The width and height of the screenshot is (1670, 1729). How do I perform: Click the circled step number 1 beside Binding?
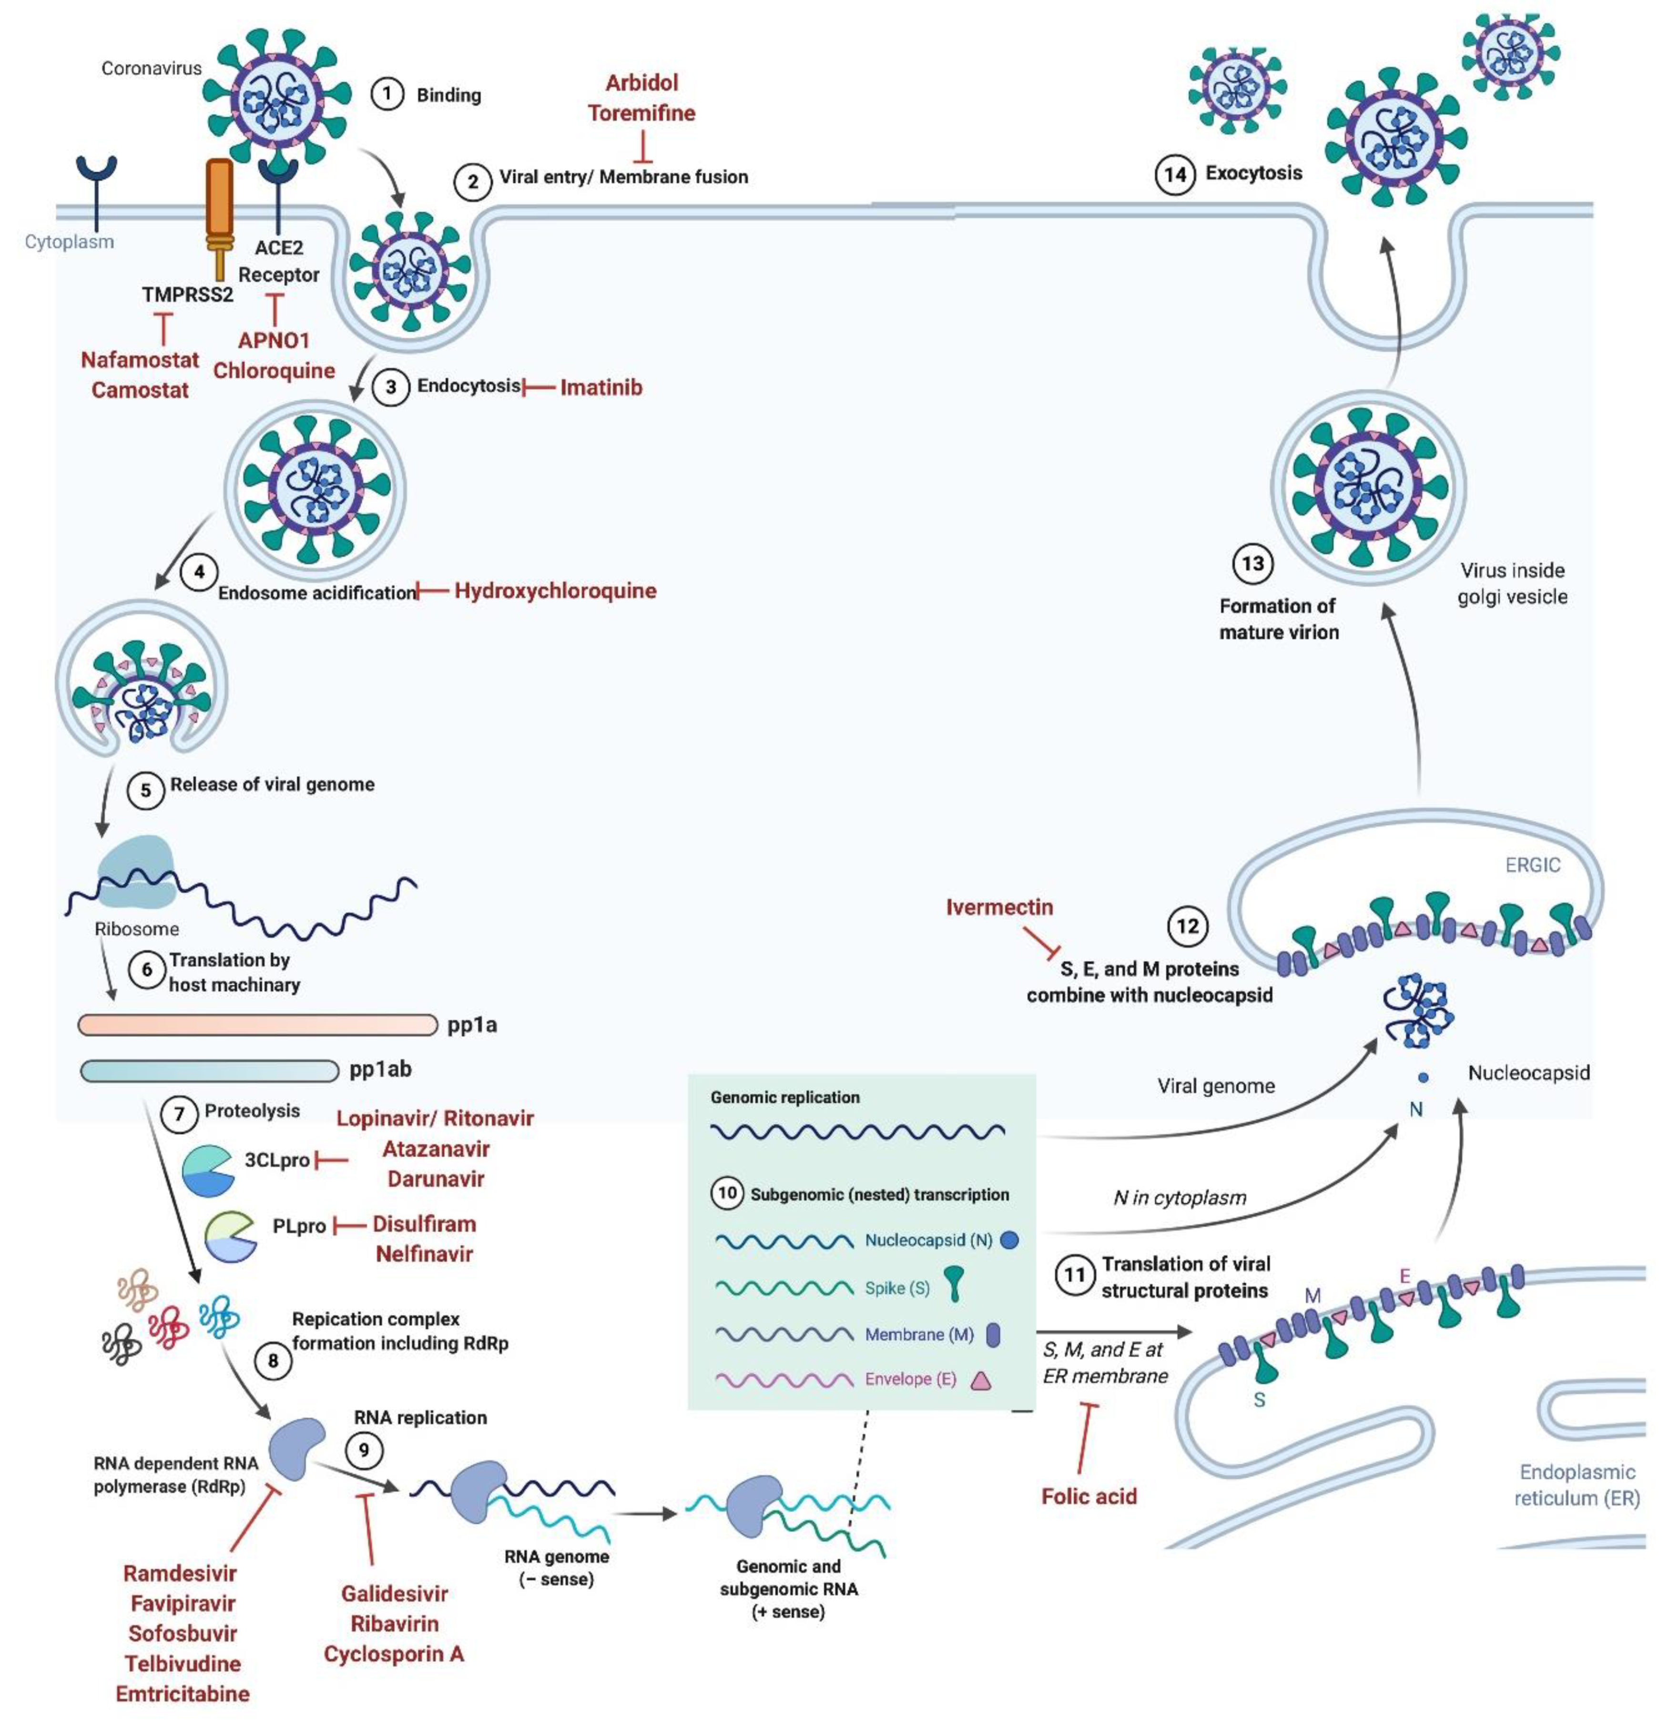point(387,93)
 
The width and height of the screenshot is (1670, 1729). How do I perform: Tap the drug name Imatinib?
point(601,387)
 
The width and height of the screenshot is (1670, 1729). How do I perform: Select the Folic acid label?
point(1089,1496)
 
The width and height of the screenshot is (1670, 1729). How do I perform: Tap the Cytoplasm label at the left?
point(70,242)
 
